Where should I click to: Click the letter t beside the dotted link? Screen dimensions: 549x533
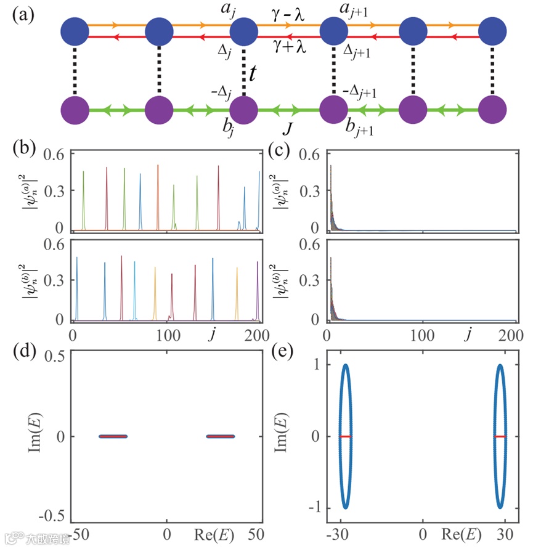(x=253, y=74)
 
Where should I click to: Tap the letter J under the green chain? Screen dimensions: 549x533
(x=288, y=131)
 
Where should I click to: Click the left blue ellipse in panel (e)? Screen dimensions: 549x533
(x=346, y=436)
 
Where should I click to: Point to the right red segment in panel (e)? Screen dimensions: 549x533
(x=500, y=436)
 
